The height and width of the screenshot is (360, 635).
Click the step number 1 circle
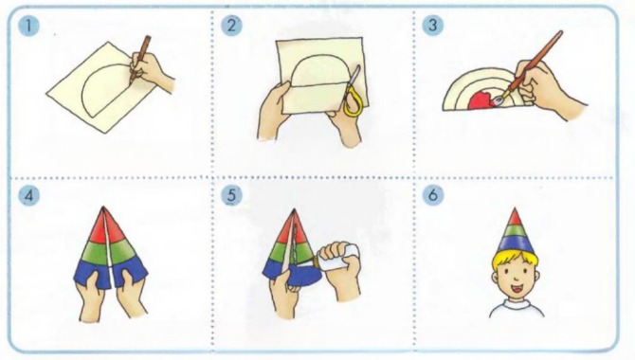(28, 26)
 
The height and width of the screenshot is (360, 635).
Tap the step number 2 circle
(231, 26)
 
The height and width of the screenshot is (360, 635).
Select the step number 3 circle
(432, 26)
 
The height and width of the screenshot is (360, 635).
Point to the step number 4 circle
(28, 196)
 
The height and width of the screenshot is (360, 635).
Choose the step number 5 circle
(231, 195)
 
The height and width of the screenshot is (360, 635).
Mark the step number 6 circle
(432, 195)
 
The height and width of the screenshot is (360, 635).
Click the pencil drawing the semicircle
(140, 60)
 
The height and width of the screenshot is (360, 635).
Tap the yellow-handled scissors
(352, 92)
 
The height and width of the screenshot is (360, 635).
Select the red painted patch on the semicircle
(482, 100)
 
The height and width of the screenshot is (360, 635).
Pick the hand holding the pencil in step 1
(151, 73)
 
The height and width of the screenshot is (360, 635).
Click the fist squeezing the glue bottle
(341, 269)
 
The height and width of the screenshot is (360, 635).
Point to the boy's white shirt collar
(516, 303)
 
